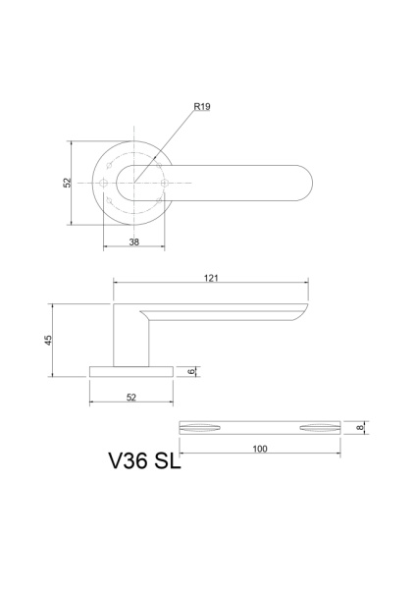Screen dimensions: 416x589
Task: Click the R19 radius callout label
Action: [202, 107]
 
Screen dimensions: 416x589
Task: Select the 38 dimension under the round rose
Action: [134, 241]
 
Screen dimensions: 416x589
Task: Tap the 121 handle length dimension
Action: [211, 278]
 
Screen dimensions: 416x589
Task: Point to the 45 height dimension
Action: [48, 340]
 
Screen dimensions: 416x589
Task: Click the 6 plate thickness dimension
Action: [191, 371]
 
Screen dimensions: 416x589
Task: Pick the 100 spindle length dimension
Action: [260, 449]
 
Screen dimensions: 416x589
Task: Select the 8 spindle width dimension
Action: [360, 427]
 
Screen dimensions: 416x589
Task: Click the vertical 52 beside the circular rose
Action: [67, 183]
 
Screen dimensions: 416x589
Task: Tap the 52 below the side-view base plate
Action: [131, 397]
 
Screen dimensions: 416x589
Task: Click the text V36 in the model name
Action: [129, 460]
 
